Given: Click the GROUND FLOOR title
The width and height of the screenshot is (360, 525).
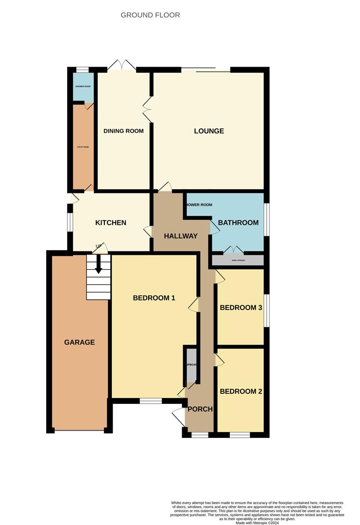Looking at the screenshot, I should point(150,15).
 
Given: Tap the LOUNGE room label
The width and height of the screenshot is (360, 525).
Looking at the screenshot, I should point(209,131).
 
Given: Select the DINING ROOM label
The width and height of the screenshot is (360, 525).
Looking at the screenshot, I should point(123,131).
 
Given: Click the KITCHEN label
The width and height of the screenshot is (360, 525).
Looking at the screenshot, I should point(110,223).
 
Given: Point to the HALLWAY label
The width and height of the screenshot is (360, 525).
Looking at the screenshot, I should point(181,236).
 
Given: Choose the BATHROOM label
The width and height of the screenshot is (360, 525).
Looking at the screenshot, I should point(238,223).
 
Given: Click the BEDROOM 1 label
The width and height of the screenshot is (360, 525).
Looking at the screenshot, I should point(154,298).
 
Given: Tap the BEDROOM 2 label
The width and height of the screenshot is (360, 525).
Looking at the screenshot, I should point(241,391).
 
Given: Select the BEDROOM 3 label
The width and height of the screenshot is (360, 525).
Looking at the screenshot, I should point(241,308).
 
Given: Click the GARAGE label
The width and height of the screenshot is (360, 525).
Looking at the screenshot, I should point(79,342).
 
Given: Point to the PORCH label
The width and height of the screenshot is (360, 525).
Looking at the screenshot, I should point(200,409).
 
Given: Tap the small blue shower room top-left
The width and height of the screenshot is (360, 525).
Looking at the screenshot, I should point(83,87).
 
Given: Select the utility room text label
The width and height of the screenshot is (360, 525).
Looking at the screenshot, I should point(83,147).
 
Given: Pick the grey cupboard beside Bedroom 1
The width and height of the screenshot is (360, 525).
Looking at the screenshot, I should point(191,365).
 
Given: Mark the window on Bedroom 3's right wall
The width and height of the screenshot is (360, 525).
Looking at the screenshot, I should point(266,310).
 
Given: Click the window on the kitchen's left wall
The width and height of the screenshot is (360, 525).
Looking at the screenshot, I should point(70,223).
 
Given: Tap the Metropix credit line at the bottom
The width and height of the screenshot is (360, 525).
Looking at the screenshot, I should point(257,523).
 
